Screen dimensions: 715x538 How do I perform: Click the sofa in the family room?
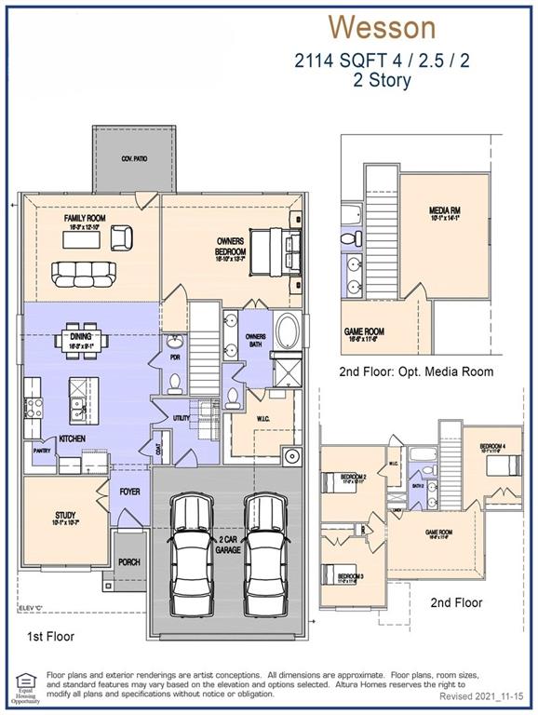pyautogui.click(x=84, y=273)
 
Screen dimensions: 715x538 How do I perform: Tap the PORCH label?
pyautogui.click(x=129, y=562)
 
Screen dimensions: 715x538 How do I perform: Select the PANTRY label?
pyautogui.click(x=42, y=450)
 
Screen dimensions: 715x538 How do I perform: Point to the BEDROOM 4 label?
pyautogui.click(x=493, y=447)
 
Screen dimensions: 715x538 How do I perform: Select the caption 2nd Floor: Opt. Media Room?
pyautogui.click(x=416, y=371)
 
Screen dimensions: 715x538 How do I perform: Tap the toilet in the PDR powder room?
pyautogui.click(x=174, y=382)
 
